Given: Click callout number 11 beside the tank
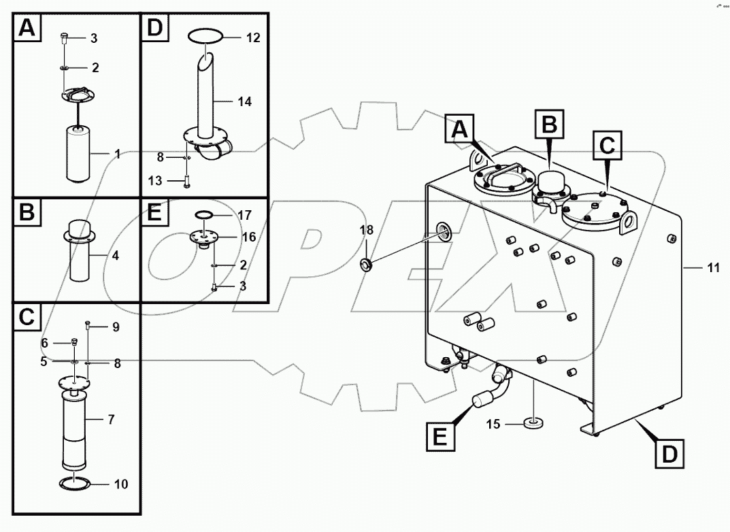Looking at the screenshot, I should [712, 269].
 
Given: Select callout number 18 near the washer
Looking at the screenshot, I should [366, 231].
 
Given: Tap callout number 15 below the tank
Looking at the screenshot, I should [493, 425].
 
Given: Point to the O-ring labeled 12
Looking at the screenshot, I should [205, 37].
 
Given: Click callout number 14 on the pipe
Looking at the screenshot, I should [245, 101].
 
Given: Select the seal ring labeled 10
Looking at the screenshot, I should [75, 484].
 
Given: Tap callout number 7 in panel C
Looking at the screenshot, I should [110, 420].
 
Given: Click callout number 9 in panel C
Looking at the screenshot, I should [116, 327].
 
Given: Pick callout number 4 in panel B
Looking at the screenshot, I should [115, 256].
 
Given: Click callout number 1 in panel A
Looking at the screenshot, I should [117, 154].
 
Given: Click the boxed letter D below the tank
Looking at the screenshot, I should [670, 453].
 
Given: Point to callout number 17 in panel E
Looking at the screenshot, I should [244, 215].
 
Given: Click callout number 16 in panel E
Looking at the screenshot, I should [249, 237].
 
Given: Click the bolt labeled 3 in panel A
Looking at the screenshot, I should [63, 38].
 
